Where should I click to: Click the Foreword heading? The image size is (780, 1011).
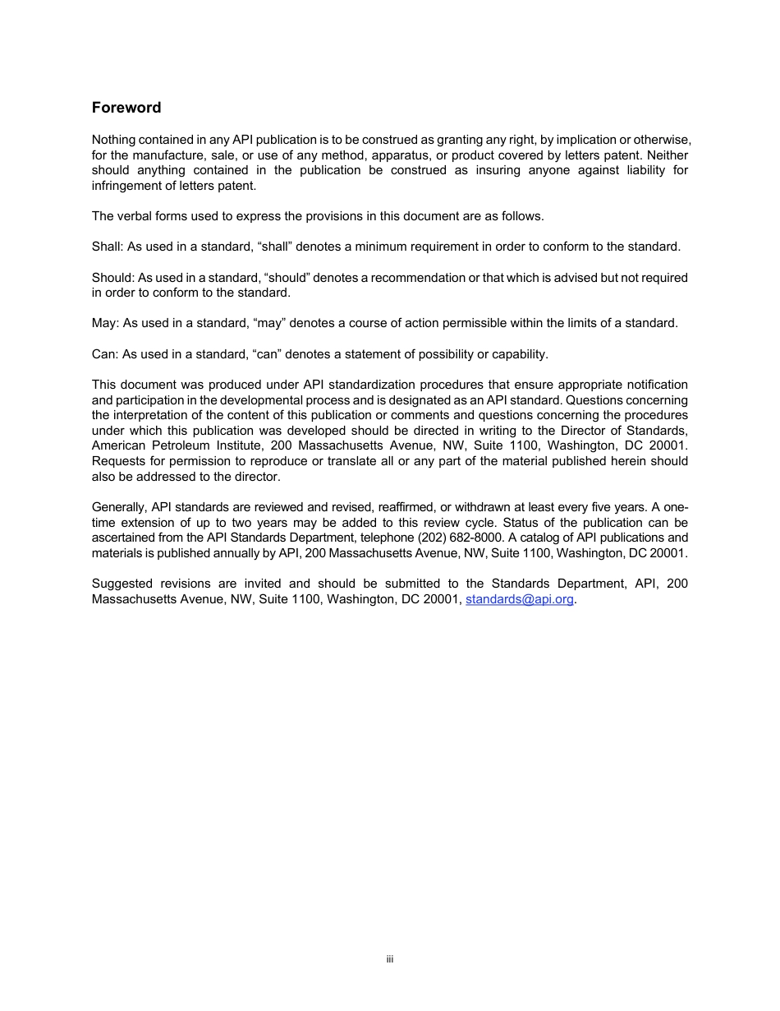pyautogui.click(x=126, y=108)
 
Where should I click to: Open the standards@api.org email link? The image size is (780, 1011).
pyautogui.click(x=519, y=599)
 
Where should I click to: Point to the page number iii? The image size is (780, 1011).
pyautogui.click(x=390, y=959)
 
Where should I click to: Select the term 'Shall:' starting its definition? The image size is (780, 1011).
pyautogui.click(x=107, y=247)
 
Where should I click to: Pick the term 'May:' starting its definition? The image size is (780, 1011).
pyautogui.click(x=105, y=323)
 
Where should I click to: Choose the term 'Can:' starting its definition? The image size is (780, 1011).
pyautogui.click(x=105, y=354)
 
